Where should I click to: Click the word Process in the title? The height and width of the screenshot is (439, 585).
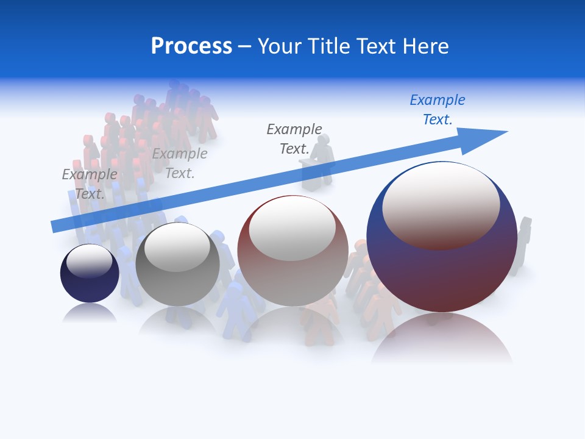[191, 46]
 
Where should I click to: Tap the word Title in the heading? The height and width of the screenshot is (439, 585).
[327, 46]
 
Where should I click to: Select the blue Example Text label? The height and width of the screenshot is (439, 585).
[438, 110]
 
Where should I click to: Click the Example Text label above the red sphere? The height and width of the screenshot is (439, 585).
[294, 139]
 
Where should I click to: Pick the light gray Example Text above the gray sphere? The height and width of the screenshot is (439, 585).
[180, 163]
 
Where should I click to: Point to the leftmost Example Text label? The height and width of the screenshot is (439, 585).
[90, 184]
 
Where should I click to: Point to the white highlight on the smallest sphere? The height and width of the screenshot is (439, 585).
[90, 260]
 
